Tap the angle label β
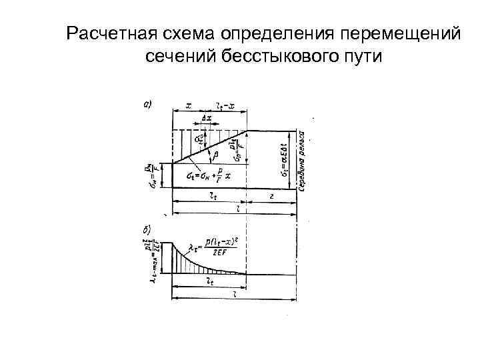[x=214, y=155]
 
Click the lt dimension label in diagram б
[x=209, y=282]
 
